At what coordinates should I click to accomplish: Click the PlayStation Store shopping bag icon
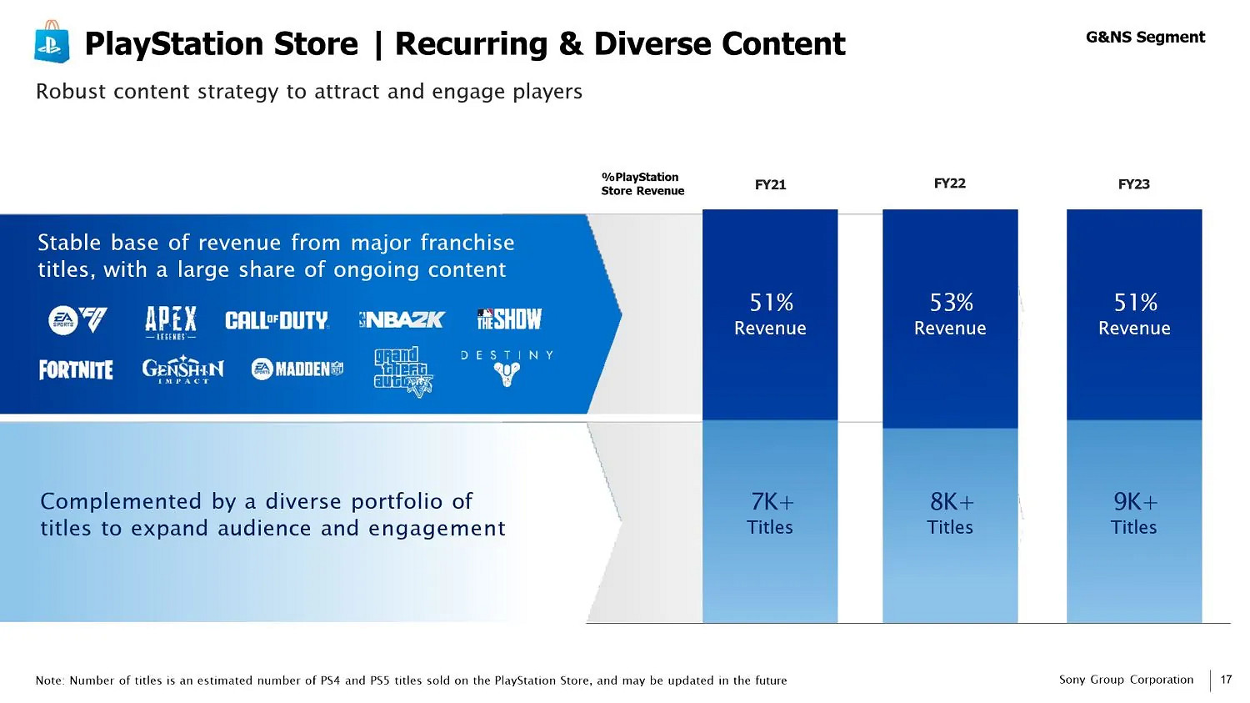pyautogui.click(x=51, y=42)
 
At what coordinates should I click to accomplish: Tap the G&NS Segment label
pyautogui.click(x=1145, y=38)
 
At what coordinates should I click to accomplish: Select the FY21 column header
pyautogui.click(x=770, y=184)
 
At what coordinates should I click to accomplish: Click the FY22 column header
pyautogui.click(x=949, y=183)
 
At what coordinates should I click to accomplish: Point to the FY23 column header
pyautogui.click(x=1133, y=184)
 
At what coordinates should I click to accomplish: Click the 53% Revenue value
pyautogui.click(x=950, y=314)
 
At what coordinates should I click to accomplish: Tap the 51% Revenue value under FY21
pyautogui.click(x=770, y=314)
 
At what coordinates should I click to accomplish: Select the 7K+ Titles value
pyautogui.click(x=770, y=513)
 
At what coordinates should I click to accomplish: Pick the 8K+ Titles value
pyautogui.click(x=950, y=513)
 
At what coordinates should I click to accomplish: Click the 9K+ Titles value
pyautogui.click(x=1134, y=513)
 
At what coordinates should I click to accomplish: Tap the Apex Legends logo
pyautogui.click(x=171, y=322)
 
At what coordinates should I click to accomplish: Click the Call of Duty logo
pyautogui.click(x=277, y=320)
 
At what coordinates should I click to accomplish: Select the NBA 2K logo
pyautogui.click(x=402, y=319)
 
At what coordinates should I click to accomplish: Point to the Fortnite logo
pyautogui.click(x=76, y=369)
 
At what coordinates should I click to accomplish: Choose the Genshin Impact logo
pyautogui.click(x=182, y=369)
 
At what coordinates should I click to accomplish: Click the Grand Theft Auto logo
pyautogui.click(x=402, y=372)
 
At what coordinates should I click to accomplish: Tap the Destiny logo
pyautogui.click(x=507, y=368)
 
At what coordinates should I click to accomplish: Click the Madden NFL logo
pyautogui.click(x=297, y=369)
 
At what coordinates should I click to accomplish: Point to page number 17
pyautogui.click(x=1226, y=680)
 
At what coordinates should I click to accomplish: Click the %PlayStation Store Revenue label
pyautogui.click(x=642, y=183)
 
